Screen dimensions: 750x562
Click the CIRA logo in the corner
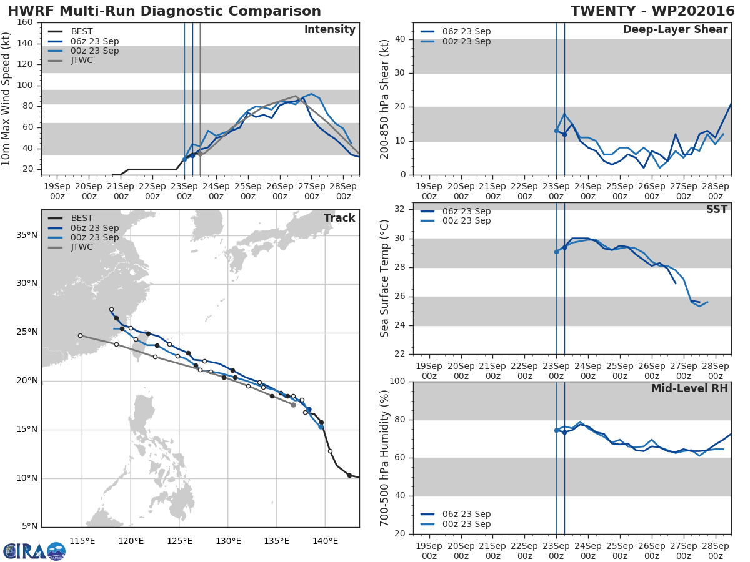pos(34,551)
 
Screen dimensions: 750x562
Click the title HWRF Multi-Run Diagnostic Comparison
pos(164,11)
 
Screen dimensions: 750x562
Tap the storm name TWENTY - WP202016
pos(652,11)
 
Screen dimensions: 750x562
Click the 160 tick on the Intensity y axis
pos(25,22)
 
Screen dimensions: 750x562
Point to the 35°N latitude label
pos(27,235)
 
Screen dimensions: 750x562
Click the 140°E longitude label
pos(325,541)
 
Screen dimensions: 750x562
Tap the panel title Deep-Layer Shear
pos(675,30)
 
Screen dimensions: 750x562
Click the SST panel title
pos(717,209)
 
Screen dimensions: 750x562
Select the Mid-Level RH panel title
pos(689,388)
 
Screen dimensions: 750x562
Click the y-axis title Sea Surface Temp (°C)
pos(384,279)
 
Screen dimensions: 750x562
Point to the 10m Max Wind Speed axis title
pos(6,99)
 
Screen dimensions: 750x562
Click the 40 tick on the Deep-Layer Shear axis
pos(401,39)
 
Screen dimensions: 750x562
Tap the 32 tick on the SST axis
pos(401,209)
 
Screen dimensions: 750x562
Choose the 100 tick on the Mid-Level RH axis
pos(397,382)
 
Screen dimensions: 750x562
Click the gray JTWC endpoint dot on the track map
pos(293,405)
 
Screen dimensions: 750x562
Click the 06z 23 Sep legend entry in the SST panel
pos(456,211)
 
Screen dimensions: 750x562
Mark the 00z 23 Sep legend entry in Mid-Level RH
pos(456,524)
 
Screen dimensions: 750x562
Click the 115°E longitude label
pos(82,541)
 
